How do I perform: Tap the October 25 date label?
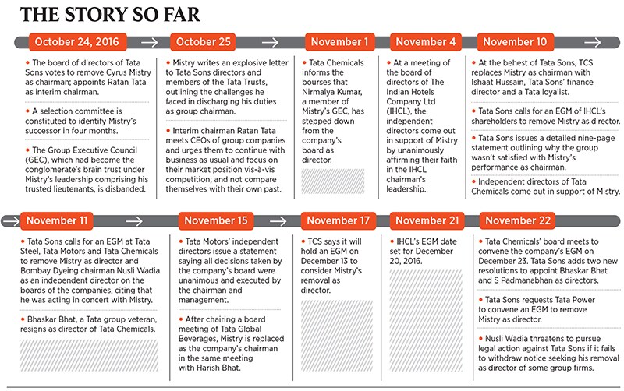(204, 42)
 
